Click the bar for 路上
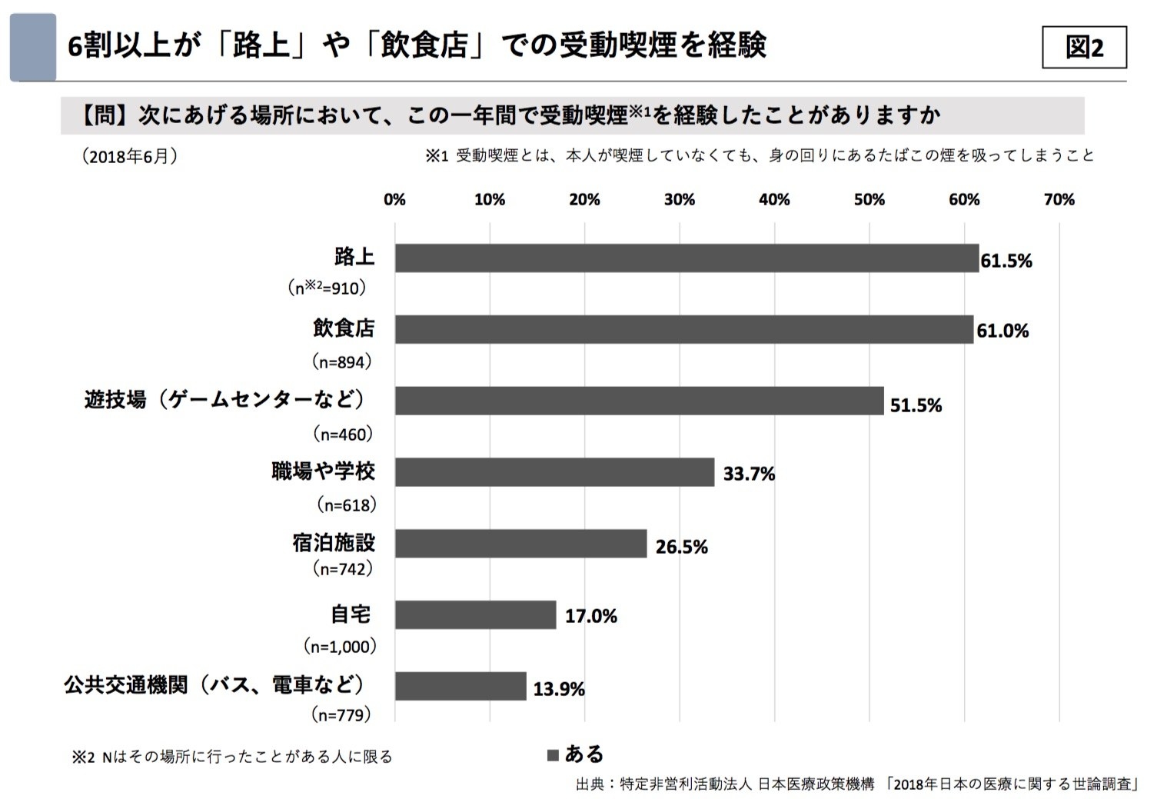[687, 258]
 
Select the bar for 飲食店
[683, 329]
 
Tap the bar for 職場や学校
[554, 472]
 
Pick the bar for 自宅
[475, 615]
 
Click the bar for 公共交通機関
[460, 687]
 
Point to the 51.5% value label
[916, 405]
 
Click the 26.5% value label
[681, 547]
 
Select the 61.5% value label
[1006, 261]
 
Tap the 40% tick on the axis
[774, 200]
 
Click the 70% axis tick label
[1059, 200]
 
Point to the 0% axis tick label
[394, 200]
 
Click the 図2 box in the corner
[1084, 48]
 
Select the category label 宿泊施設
[334, 543]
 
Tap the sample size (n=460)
[343, 434]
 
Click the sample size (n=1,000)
[341, 647]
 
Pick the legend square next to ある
[553, 755]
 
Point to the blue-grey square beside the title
[33, 47]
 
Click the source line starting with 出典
[856, 784]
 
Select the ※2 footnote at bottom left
[232, 757]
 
